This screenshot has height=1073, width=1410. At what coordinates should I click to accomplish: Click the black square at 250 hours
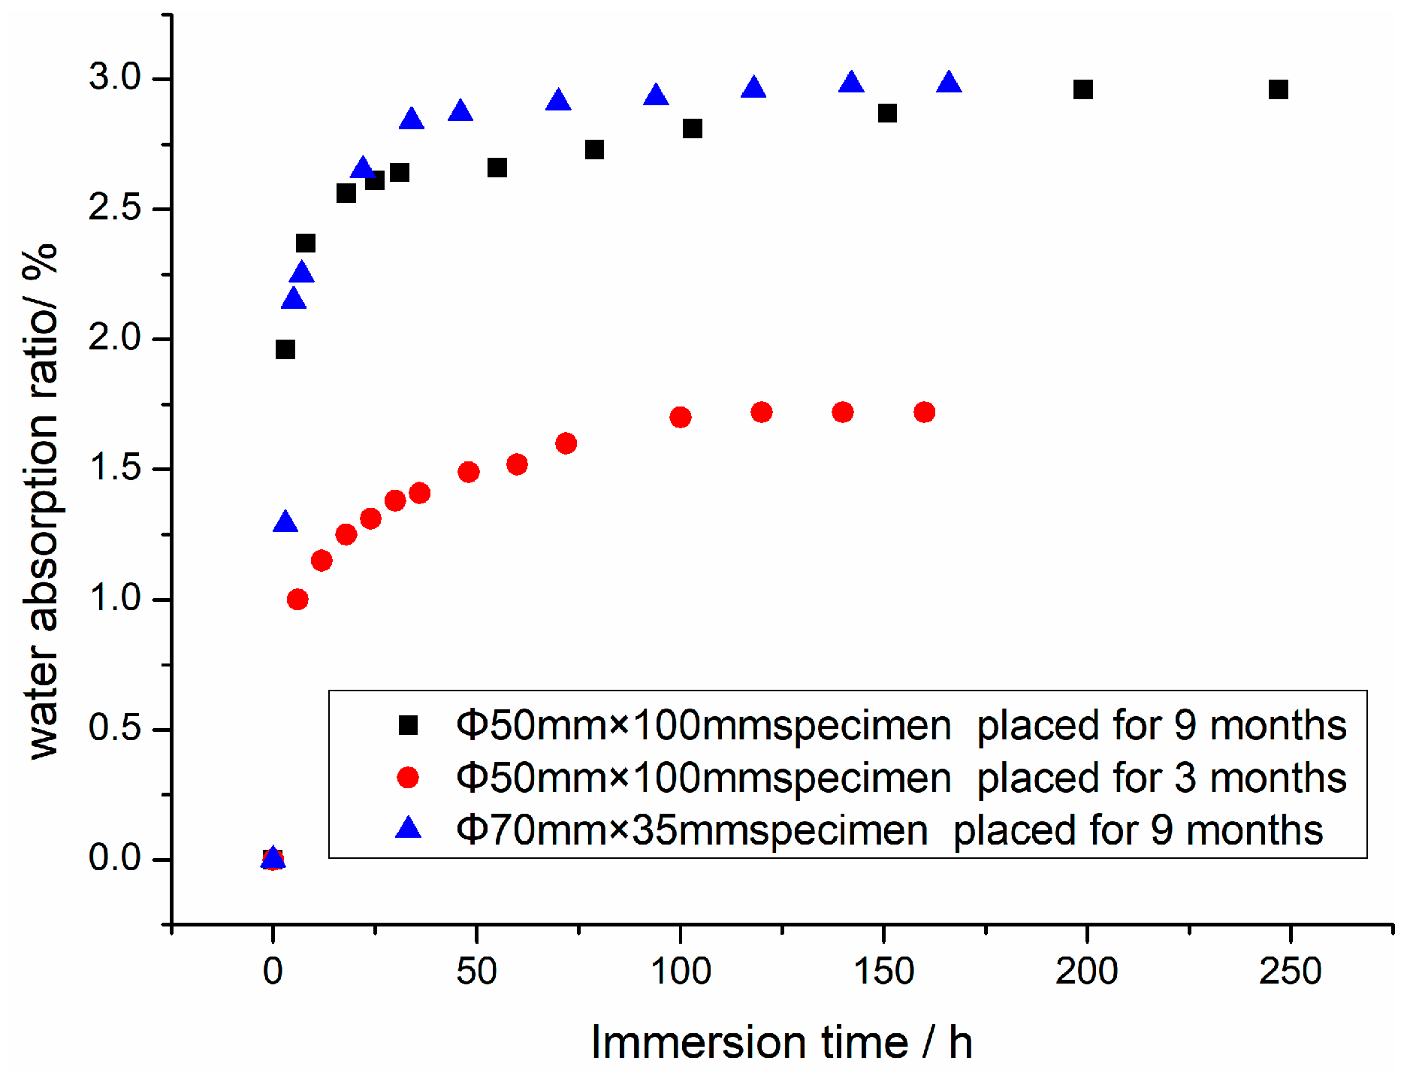[1278, 89]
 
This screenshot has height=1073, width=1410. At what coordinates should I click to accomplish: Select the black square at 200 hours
[1082, 89]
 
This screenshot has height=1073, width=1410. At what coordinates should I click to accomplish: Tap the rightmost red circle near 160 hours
[924, 412]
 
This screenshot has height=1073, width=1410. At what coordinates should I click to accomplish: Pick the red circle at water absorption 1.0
[297, 599]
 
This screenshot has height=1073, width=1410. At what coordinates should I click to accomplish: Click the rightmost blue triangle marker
[949, 83]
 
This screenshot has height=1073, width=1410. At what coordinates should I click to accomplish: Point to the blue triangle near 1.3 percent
[285, 522]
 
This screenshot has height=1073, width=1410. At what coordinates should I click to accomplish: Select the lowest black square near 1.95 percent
[285, 349]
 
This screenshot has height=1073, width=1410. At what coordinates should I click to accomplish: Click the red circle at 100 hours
[680, 417]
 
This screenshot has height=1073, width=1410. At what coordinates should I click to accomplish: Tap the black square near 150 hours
[887, 113]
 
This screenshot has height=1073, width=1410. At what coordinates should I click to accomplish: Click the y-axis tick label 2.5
[115, 208]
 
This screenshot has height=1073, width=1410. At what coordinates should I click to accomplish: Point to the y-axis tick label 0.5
[115, 728]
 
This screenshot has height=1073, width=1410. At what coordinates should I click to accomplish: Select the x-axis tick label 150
[883, 972]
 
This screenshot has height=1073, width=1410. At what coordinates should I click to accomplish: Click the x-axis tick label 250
[1290, 972]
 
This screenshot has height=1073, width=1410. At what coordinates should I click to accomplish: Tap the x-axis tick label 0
[273, 972]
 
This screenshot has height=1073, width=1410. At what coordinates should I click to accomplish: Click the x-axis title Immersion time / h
[781, 1043]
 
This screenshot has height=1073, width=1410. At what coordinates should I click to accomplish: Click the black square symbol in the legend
[408, 725]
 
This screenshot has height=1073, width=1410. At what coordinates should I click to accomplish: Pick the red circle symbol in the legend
[408, 777]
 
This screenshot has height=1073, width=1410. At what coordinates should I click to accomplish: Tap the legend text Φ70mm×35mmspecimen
[691, 830]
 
